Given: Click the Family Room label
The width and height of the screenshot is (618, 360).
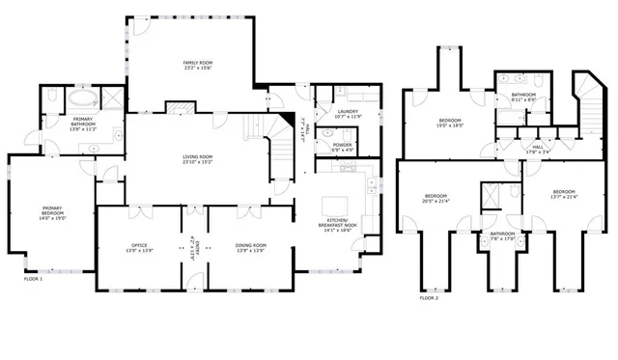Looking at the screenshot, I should (197, 67).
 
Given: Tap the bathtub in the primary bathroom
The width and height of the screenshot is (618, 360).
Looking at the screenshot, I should (80, 97).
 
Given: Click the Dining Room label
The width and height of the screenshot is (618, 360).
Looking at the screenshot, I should (250, 248).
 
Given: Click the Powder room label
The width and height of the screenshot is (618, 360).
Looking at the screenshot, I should (342, 148).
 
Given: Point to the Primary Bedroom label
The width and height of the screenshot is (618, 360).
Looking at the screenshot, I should (51, 212).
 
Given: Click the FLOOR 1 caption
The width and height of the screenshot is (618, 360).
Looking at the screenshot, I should (35, 279).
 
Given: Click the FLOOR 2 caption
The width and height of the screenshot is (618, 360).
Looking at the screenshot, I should (429, 298).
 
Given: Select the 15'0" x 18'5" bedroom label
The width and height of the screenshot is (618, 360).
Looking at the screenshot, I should (450, 123).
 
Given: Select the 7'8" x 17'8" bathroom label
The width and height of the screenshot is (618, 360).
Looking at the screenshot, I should (502, 235).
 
